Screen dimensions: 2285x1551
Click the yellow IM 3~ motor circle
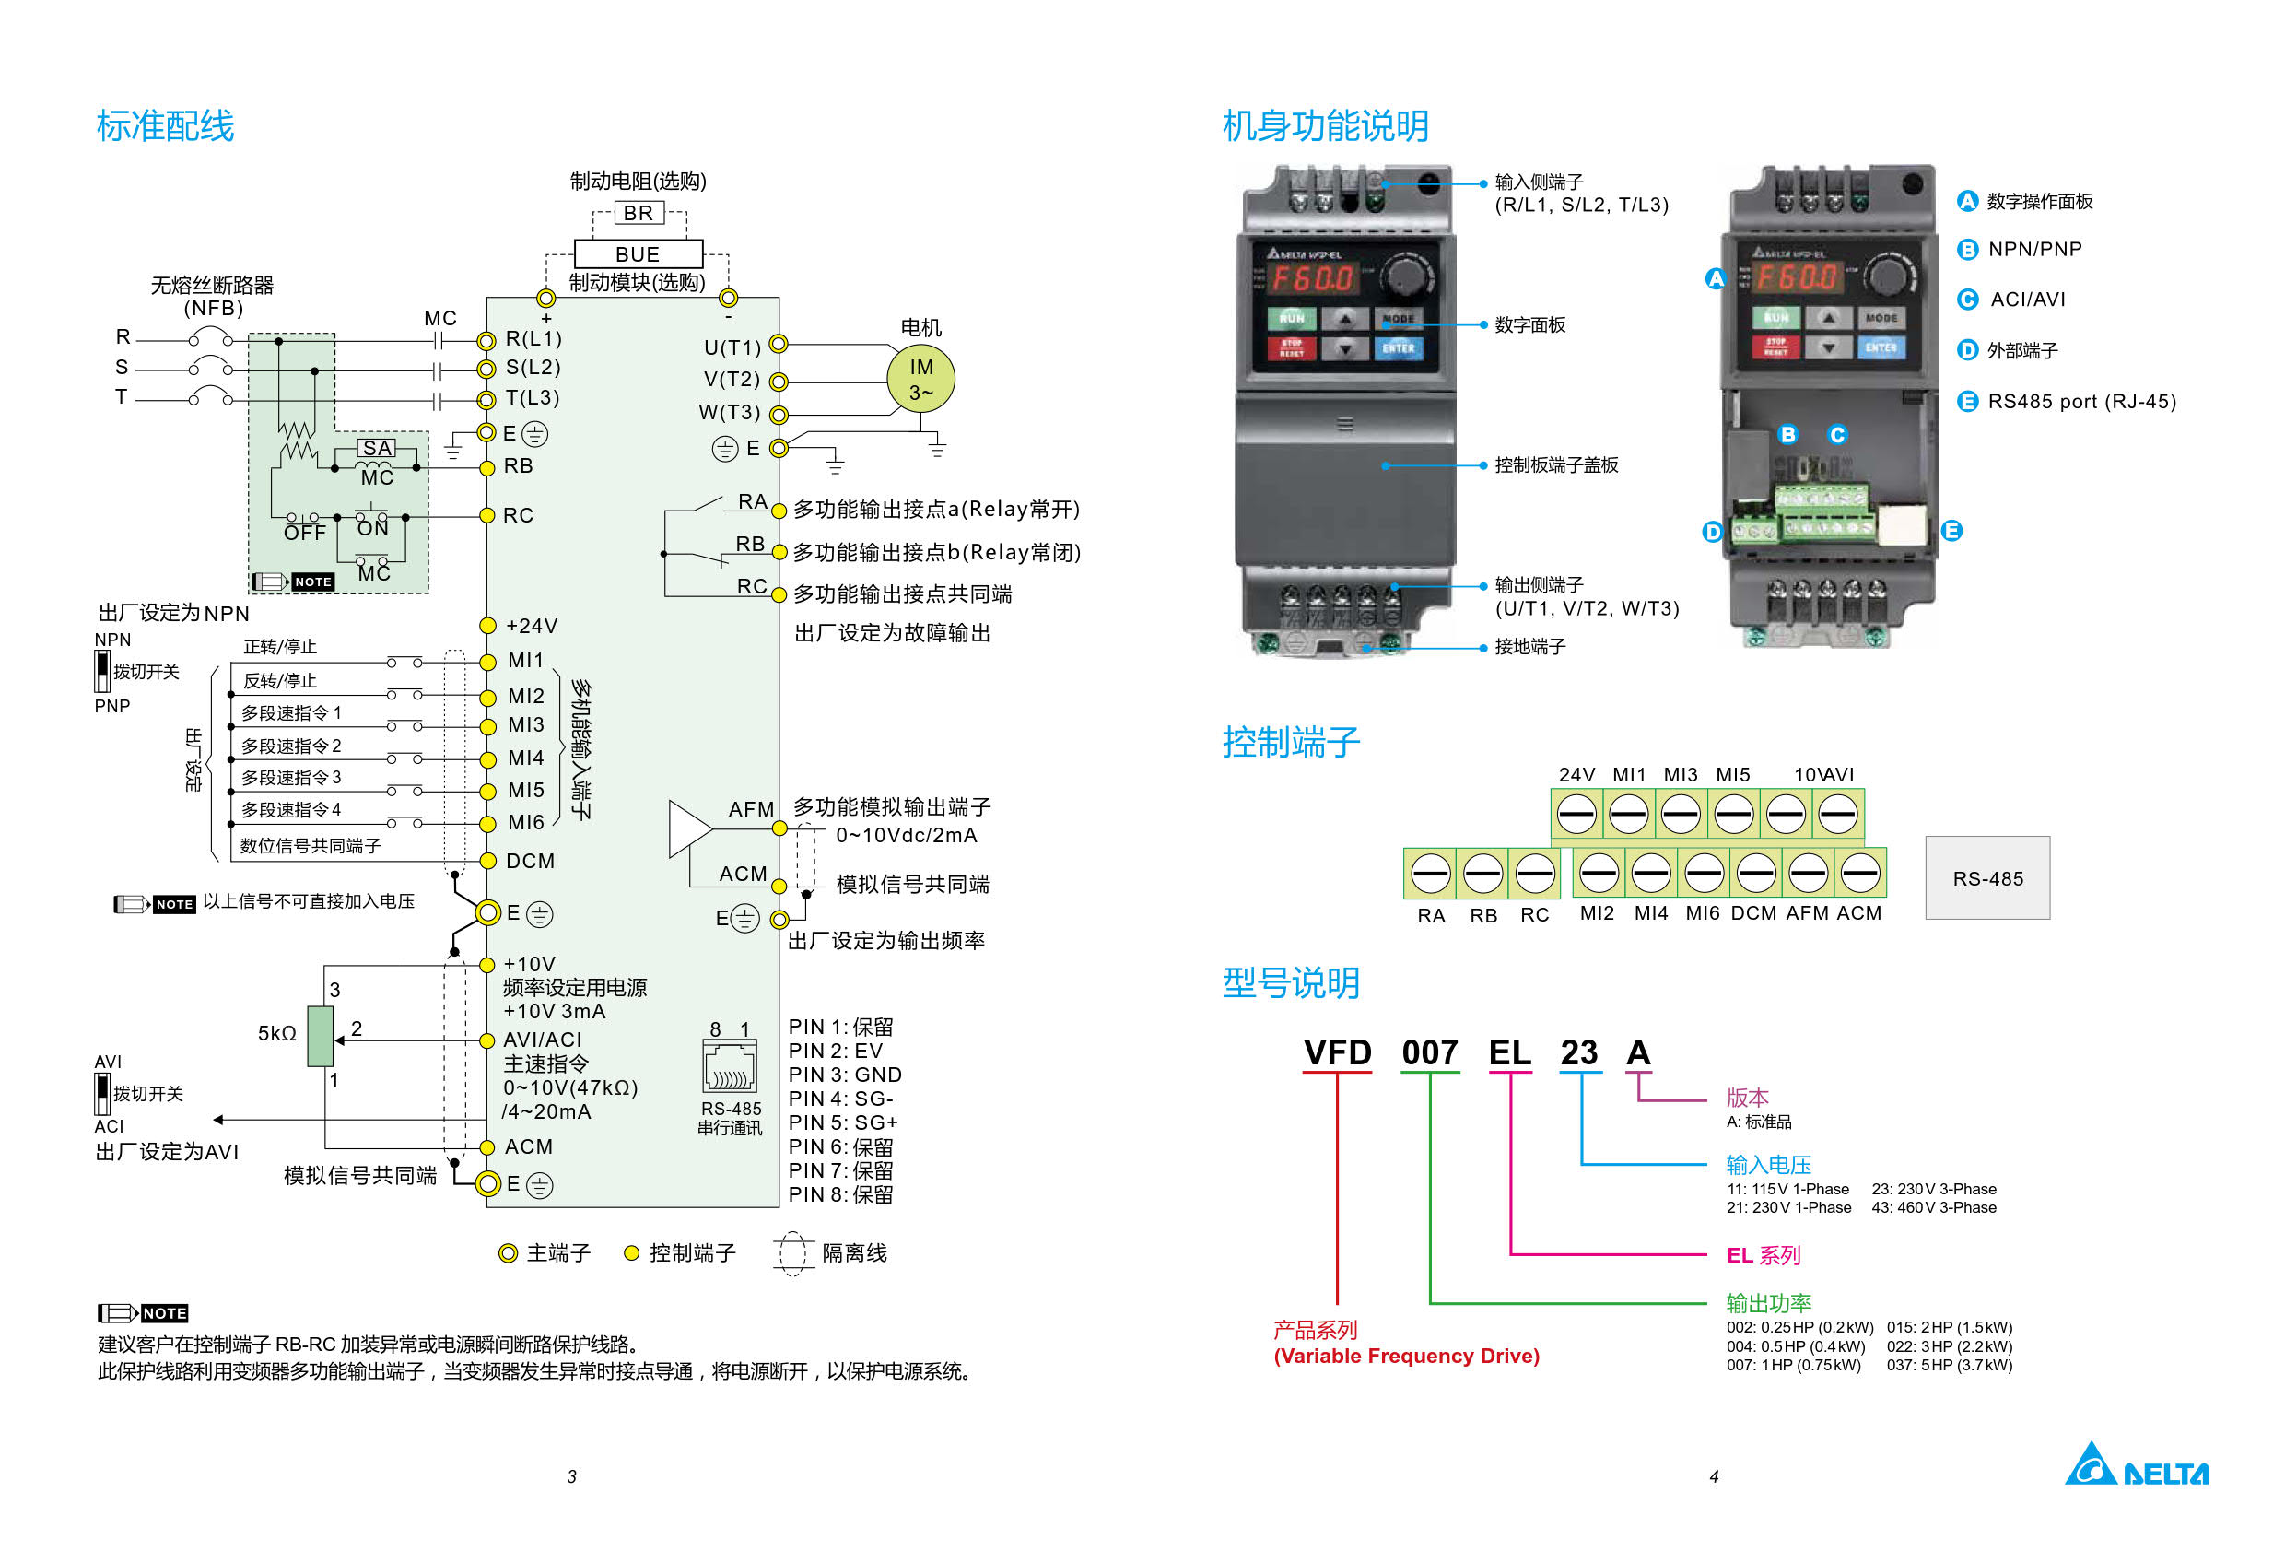(x=920, y=378)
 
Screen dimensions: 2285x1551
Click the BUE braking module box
(x=639, y=253)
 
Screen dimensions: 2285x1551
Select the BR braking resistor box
(x=639, y=213)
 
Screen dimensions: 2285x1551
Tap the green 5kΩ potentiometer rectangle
(x=321, y=1036)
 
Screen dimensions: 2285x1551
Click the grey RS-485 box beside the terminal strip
(x=1987, y=877)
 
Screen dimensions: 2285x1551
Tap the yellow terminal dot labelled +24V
(x=486, y=626)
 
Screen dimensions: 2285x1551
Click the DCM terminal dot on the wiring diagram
(x=486, y=861)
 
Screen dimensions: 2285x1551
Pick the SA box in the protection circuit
(x=377, y=448)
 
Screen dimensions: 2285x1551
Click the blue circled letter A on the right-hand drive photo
(x=1716, y=278)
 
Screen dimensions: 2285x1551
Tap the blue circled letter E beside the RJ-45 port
(x=1951, y=531)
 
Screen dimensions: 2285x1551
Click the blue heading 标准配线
(x=165, y=126)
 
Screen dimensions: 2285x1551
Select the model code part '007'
(x=1430, y=1052)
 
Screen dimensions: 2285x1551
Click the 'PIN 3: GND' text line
(x=845, y=1075)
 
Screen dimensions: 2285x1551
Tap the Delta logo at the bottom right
(x=2137, y=1464)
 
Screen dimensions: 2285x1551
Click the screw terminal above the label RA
(x=1431, y=874)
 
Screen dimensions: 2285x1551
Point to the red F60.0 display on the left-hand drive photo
(x=1315, y=278)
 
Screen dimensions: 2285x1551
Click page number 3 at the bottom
(x=571, y=1476)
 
